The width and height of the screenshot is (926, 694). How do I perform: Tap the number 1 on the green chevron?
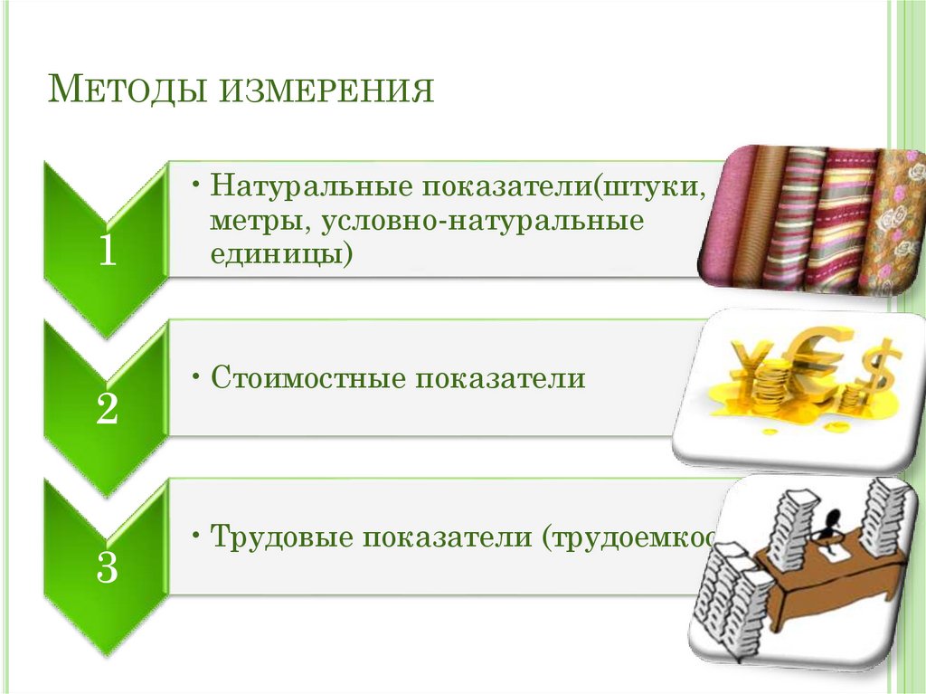point(107,251)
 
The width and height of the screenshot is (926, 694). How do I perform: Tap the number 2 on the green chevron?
point(107,410)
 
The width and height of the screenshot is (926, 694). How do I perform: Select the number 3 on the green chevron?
point(107,568)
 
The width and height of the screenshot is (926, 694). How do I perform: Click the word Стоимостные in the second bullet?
point(307,378)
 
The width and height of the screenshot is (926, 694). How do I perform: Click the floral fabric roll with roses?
point(892,222)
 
